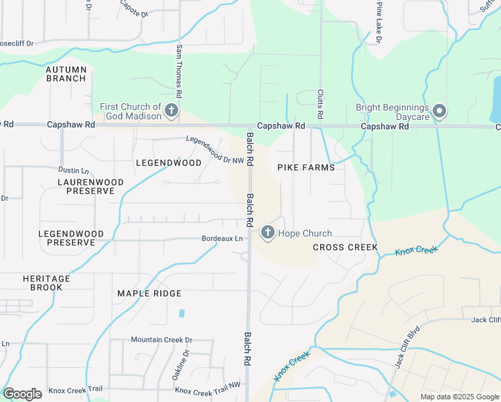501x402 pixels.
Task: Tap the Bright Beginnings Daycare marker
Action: tap(439, 111)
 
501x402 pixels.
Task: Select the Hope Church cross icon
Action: tap(267, 233)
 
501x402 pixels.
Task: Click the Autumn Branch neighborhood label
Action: tap(66, 74)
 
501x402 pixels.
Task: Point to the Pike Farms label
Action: tap(301, 167)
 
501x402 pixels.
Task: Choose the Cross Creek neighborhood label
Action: tap(345, 247)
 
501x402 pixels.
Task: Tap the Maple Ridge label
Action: tap(149, 293)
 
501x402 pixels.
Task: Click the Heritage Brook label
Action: tap(47, 283)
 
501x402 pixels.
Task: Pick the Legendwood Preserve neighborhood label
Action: tap(71, 238)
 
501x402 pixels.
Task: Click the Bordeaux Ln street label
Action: tap(222, 239)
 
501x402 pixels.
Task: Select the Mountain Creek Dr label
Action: tap(161, 340)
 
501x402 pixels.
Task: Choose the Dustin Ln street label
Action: tap(74, 172)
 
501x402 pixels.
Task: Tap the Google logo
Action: tap(22, 394)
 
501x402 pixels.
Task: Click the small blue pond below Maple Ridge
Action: tap(182, 313)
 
